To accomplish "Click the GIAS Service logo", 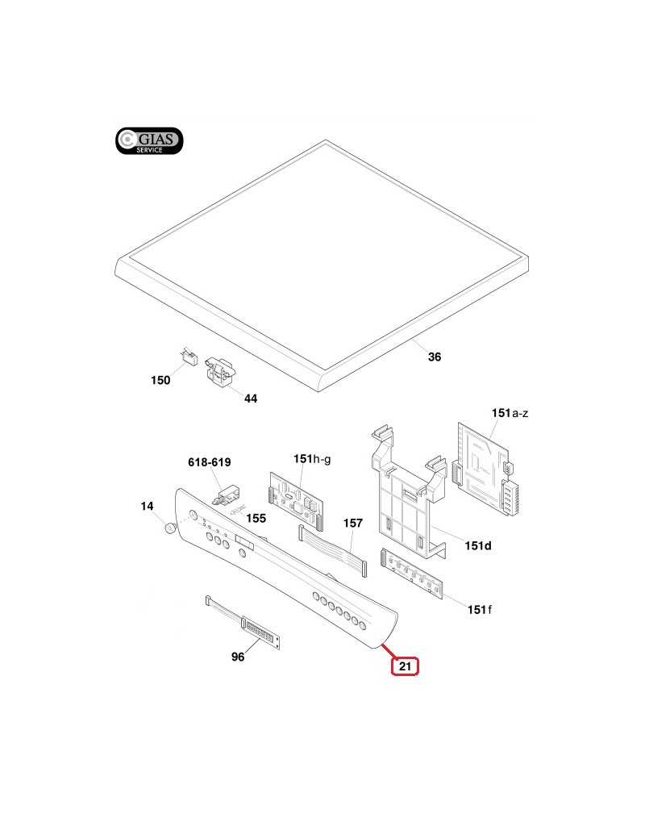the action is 149,141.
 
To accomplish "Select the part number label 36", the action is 435,357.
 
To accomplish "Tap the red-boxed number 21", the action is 405,666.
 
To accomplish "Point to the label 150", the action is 160,381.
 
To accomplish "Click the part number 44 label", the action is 250,399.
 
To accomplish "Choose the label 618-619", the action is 209,462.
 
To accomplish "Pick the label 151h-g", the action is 312,459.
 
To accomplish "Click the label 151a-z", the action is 510,413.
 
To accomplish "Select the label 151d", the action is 477,546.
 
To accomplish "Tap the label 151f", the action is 479,609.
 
